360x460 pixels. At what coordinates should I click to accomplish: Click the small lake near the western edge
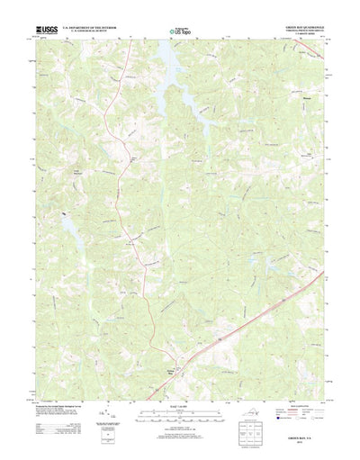point(66,216)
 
